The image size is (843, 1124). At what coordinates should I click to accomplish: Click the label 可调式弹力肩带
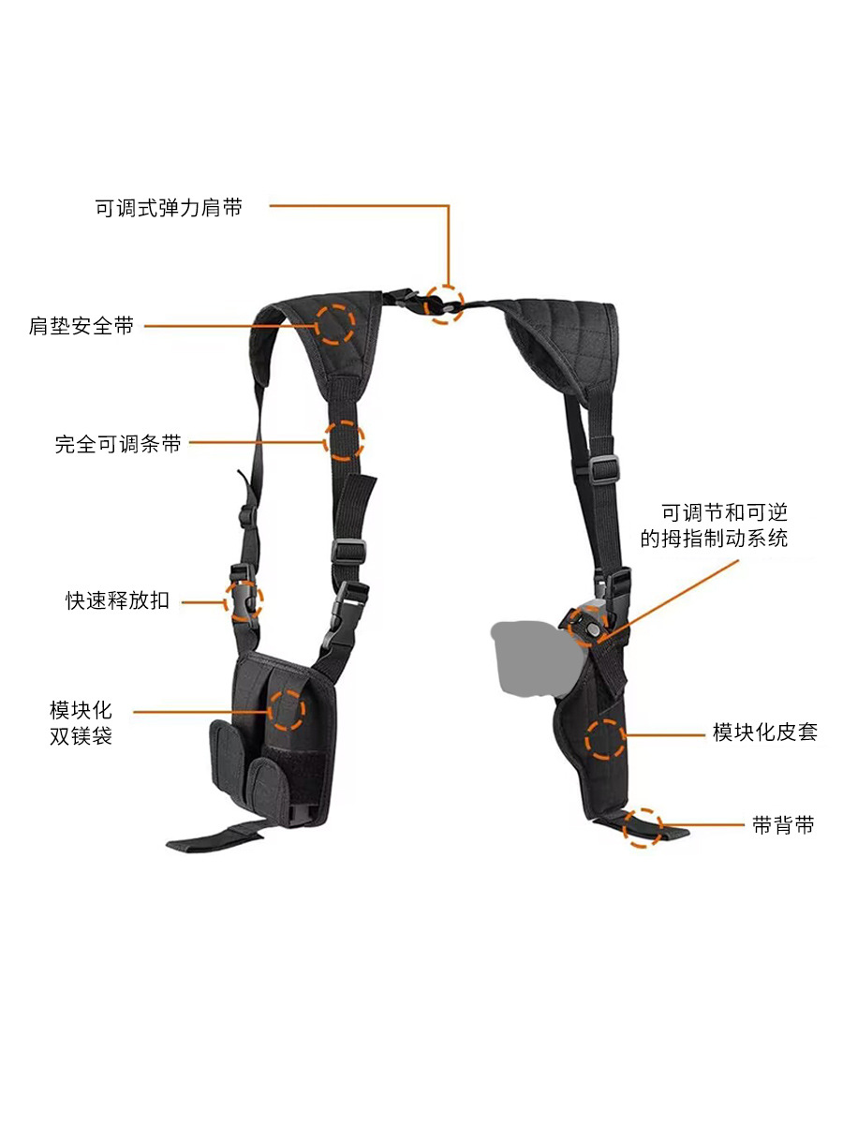(169, 208)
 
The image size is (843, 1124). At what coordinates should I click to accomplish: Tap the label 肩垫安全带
(81, 327)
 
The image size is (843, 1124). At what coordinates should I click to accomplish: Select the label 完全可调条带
(118, 444)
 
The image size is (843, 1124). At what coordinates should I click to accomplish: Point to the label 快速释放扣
(117, 600)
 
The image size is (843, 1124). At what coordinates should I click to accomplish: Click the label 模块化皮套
(764, 732)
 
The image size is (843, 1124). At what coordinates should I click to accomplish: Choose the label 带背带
(783, 825)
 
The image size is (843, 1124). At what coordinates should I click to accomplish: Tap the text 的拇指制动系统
(714, 539)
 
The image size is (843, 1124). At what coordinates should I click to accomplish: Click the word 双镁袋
(81, 736)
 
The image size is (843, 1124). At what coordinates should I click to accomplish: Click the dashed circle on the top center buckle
(445, 304)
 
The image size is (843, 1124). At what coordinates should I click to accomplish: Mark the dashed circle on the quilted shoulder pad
(334, 323)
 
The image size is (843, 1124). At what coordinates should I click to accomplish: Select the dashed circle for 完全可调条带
(344, 440)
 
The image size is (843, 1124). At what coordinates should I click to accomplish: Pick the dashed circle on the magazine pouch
(288, 709)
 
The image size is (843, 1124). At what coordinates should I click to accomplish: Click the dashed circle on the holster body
(605, 738)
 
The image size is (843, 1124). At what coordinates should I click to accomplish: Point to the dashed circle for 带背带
(643, 828)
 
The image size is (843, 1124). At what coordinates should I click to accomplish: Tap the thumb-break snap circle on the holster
(590, 626)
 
